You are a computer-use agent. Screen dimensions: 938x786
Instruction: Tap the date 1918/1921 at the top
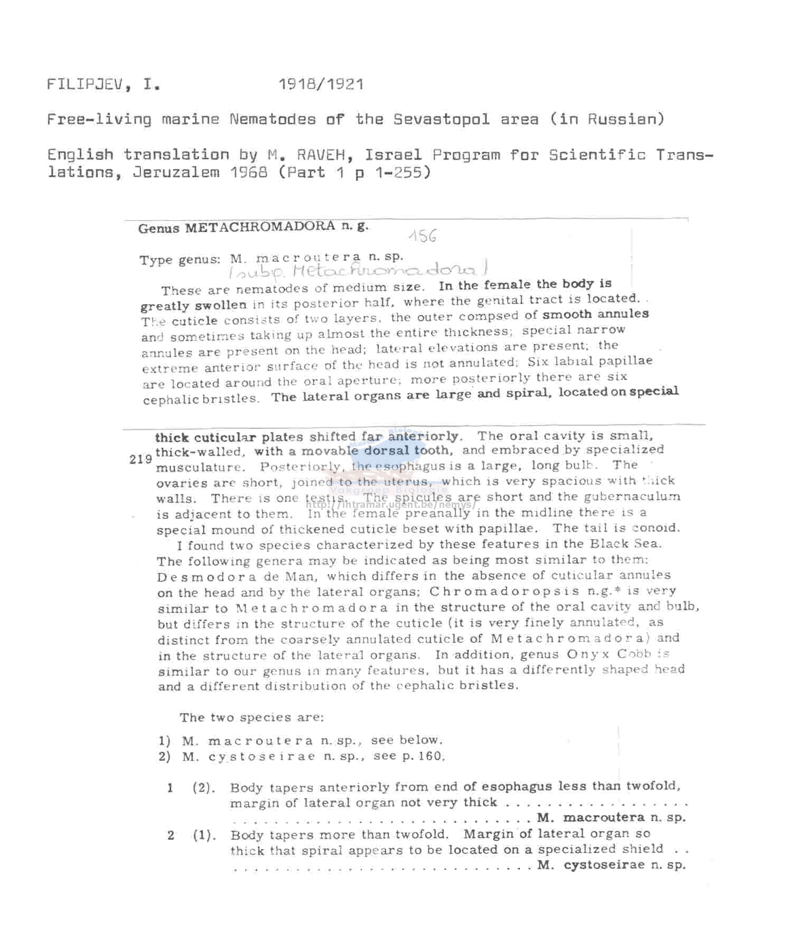tap(321, 84)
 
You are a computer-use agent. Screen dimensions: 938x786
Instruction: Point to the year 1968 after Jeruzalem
tap(249, 172)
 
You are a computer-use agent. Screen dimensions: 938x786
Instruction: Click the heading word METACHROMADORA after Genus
tap(260, 228)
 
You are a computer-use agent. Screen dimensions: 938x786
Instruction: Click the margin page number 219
tap(141, 459)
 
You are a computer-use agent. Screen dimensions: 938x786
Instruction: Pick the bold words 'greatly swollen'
tap(193, 306)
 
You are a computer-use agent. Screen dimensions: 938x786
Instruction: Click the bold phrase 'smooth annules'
tap(595, 314)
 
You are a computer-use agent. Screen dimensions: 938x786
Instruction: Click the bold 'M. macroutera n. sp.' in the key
tap(611, 818)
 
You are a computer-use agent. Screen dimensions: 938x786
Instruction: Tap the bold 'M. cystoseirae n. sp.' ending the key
tap(611, 865)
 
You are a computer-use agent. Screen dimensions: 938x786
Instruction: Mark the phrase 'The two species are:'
tap(251, 717)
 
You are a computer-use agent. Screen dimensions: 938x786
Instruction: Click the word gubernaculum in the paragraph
tap(645, 497)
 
